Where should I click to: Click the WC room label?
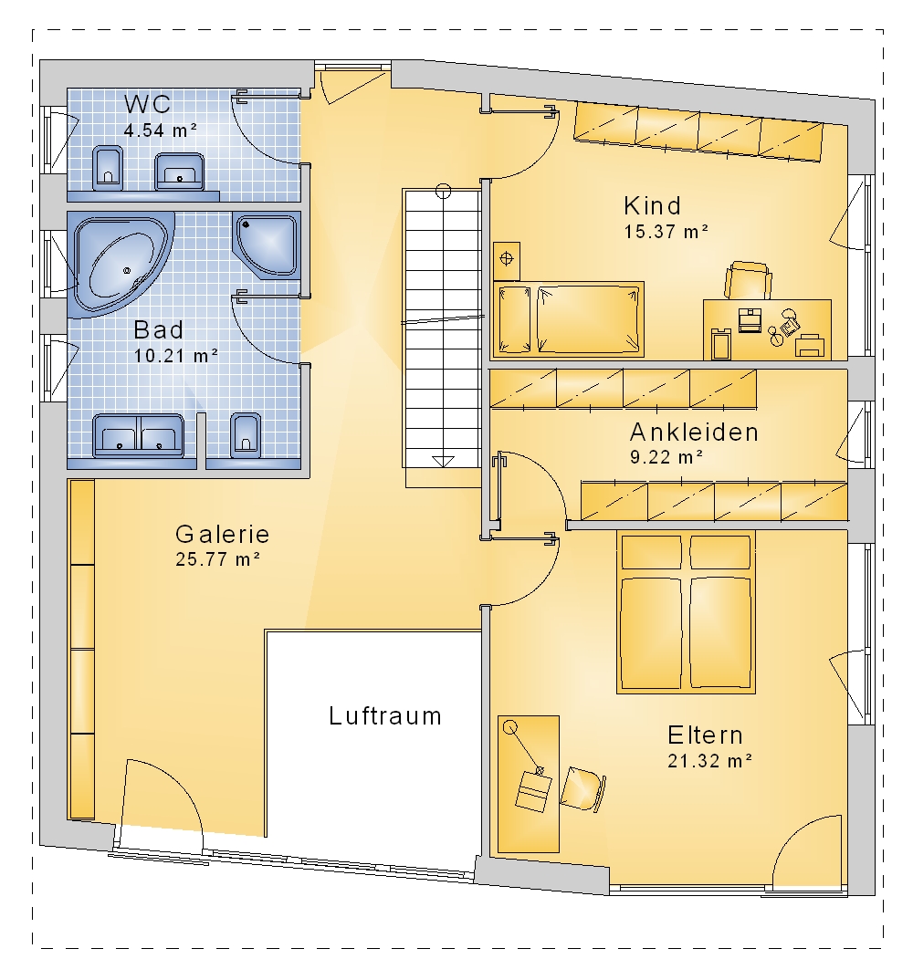[x=147, y=104]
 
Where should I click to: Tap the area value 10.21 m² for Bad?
[x=175, y=356]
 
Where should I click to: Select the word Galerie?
[x=222, y=535]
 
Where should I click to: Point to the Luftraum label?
[x=385, y=716]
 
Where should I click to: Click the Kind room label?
[x=652, y=205]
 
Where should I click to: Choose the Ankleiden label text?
[x=694, y=432]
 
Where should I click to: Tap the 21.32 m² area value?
[x=709, y=761]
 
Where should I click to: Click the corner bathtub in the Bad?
[x=119, y=263]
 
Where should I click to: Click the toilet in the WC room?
[x=108, y=168]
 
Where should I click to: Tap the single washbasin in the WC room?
[x=180, y=171]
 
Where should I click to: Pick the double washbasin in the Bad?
[x=138, y=434]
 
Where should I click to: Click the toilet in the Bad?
[x=246, y=434]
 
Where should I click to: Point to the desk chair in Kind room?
[x=747, y=281]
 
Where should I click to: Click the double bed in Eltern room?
[x=686, y=612]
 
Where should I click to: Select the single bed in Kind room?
[x=569, y=319]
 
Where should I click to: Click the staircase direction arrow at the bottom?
[x=443, y=461]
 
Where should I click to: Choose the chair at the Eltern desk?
[x=582, y=788]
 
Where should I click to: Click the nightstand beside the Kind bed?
[x=507, y=261]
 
